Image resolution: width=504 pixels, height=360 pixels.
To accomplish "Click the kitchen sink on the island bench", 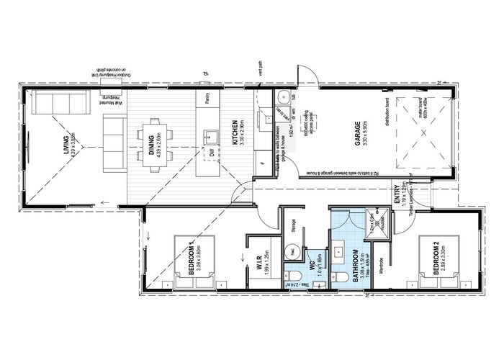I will pyautogui.click(x=212, y=135).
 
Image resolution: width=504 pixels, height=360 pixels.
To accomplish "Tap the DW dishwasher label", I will pyautogui.click(x=212, y=153).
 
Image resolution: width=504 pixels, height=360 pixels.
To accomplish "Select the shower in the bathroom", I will pyautogui.click(x=376, y=220).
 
